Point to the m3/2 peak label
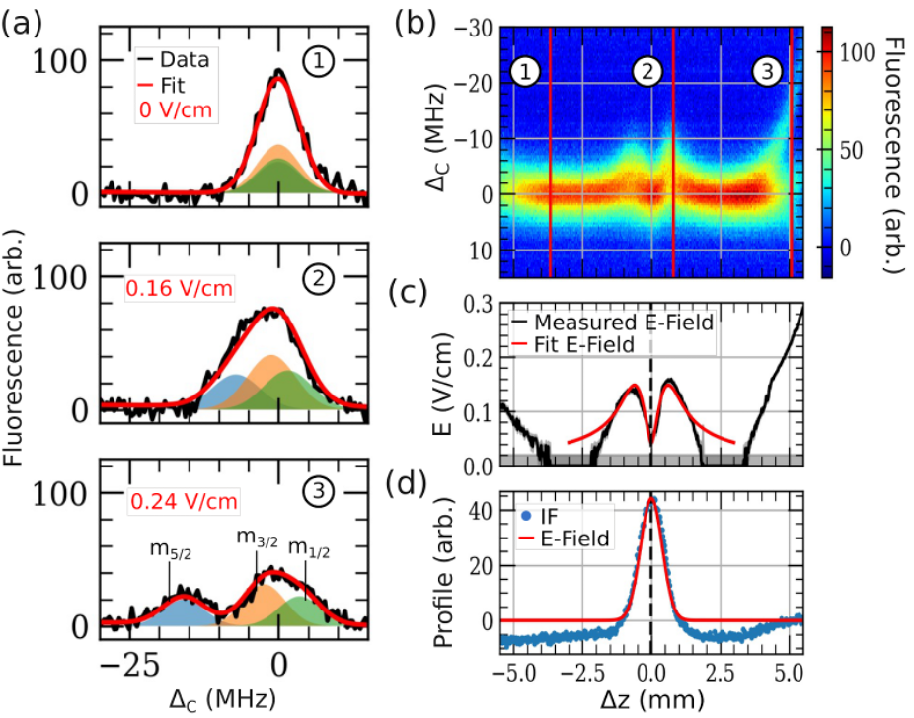click(257, 538)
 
